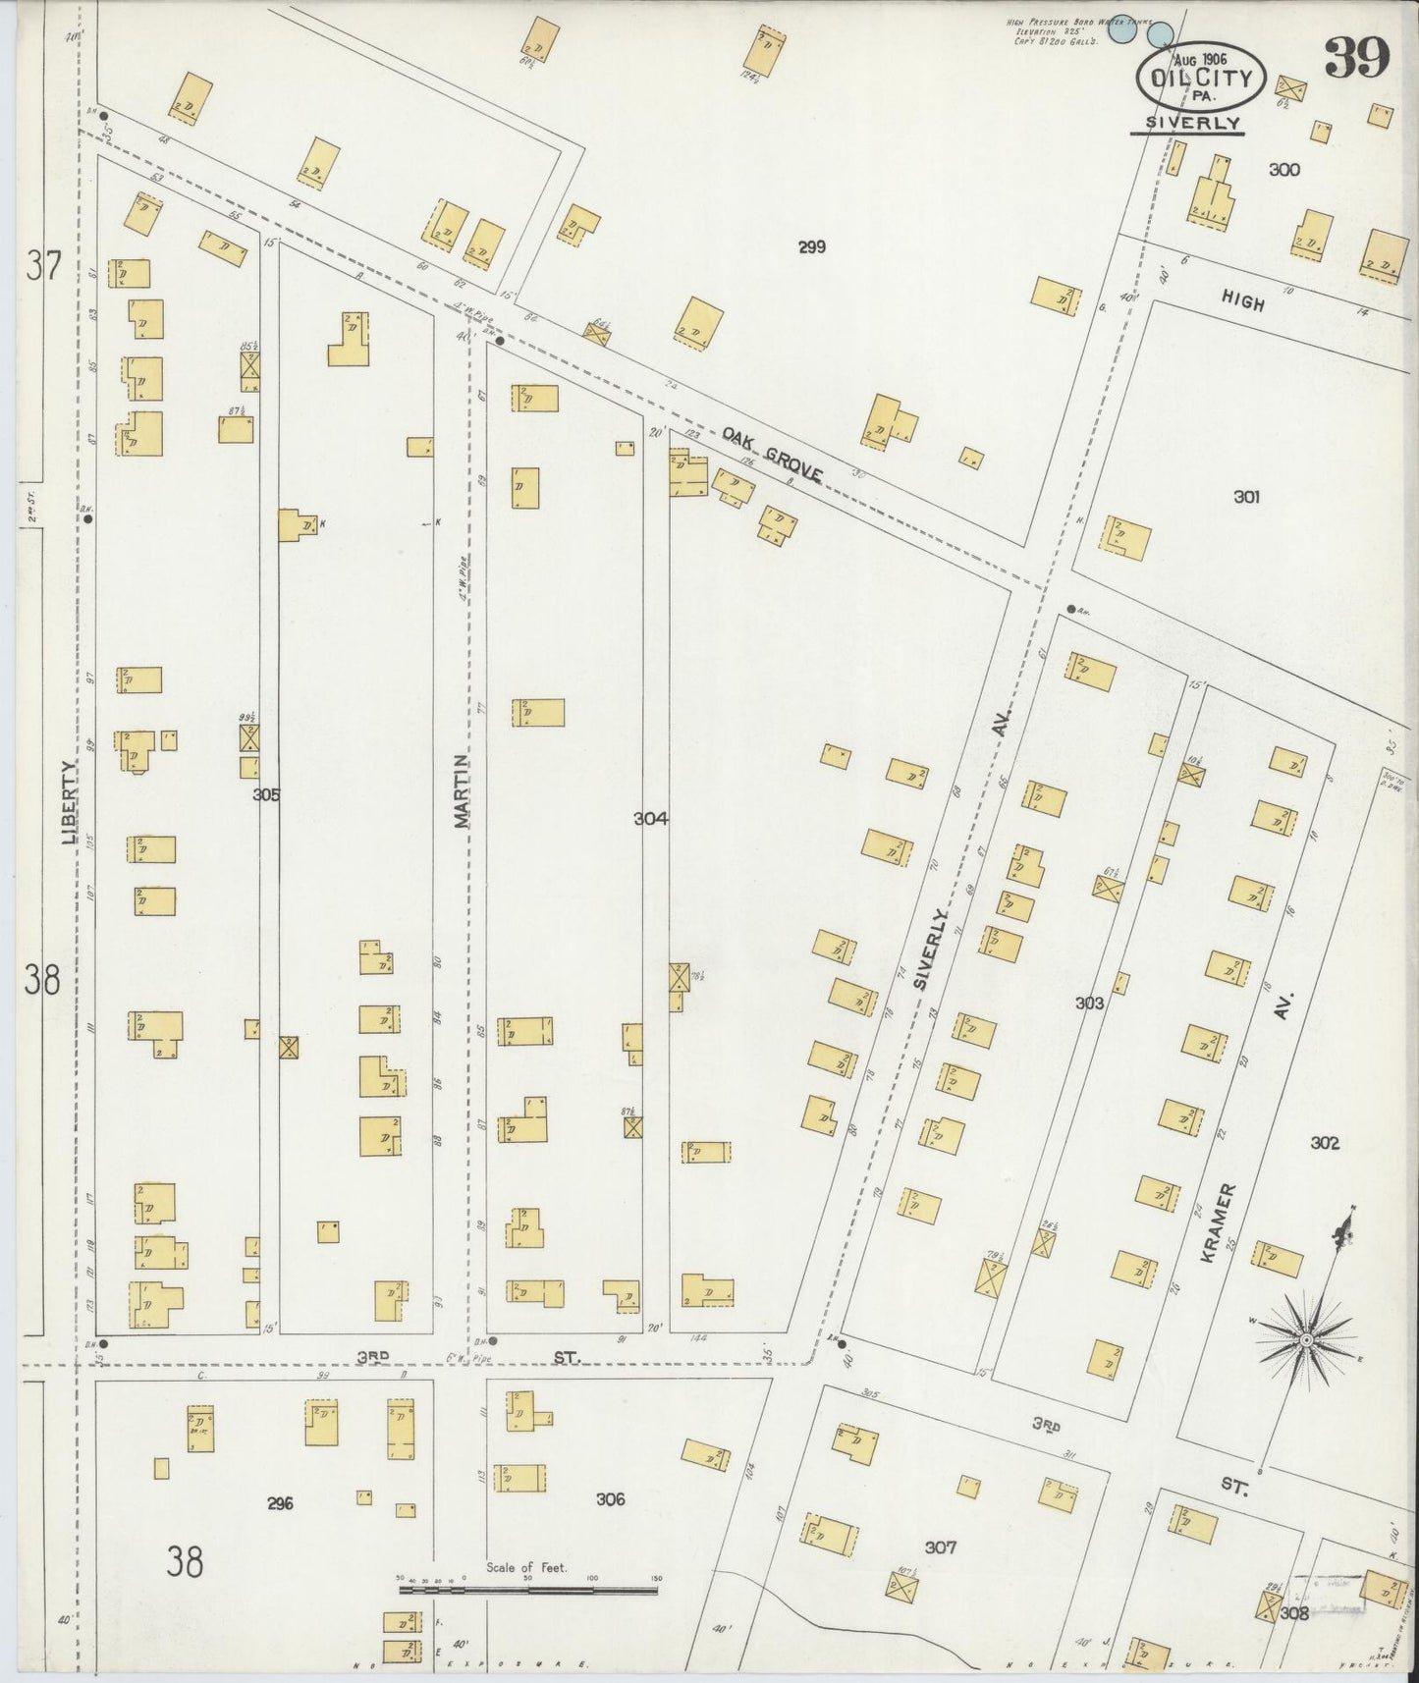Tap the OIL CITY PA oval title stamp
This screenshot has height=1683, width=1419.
pos(1201,79)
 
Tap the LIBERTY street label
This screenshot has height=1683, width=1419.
pos(68,802)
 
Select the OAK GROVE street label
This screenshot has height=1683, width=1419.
pos(772,454)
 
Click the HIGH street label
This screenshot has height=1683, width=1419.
pos(1243,302)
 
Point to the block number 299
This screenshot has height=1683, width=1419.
pos(811,247)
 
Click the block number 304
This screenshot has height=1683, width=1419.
pos(651,818)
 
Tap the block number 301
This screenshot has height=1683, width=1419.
pos(1246,498)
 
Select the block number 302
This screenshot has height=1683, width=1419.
pos(1325,1143)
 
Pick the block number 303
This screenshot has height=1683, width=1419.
pos(1089,1003)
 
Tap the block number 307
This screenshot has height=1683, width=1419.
pos(940,1547)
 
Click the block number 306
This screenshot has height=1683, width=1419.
pos(610,1499)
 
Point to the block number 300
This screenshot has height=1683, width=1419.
pos(1283,170)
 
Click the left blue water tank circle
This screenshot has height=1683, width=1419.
pos(1120,30)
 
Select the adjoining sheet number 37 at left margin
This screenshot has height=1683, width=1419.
pos(43,266)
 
